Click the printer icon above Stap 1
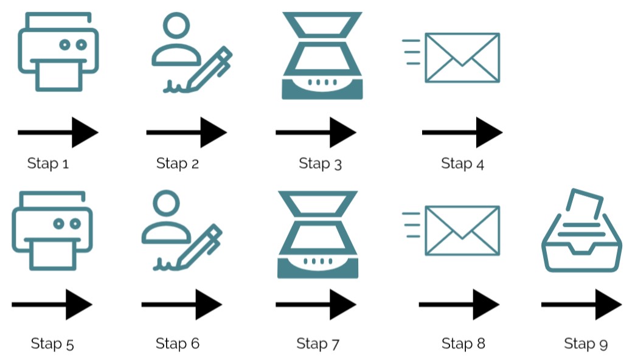58,52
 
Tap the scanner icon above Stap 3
322,55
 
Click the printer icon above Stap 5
52,231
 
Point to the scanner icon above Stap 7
317,235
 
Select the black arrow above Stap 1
58,133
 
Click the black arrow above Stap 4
462,133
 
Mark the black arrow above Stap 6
182,305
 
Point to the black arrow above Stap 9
581,305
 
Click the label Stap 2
178,164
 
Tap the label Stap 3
321,164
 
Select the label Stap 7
318,344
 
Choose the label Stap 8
463,344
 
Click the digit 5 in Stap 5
70,345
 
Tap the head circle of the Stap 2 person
176,25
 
